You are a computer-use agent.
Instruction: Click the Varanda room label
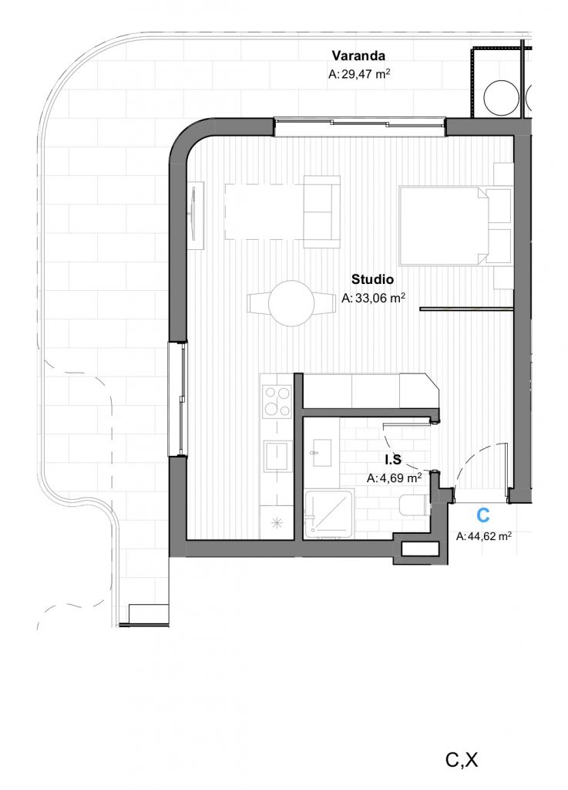pos(358,56)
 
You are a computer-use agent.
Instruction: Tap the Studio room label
pos(372,279)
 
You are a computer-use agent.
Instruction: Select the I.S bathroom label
pos(393,460)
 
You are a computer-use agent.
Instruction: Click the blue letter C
pos(483,515)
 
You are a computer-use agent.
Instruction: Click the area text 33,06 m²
pos(381,298)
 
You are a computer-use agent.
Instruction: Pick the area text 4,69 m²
pos(400,478)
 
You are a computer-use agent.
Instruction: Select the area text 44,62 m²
pos(489,537)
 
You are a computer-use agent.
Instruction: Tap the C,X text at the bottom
pos(462,760)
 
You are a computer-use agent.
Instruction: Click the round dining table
pos(291,303)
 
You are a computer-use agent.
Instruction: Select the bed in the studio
pos(443,225)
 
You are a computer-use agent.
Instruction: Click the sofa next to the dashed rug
pos(321,211)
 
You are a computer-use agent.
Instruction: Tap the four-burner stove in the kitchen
pos(277,401)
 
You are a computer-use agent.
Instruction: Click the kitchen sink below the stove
pos(276,457)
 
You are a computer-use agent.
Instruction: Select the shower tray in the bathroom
pos(329,513)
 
